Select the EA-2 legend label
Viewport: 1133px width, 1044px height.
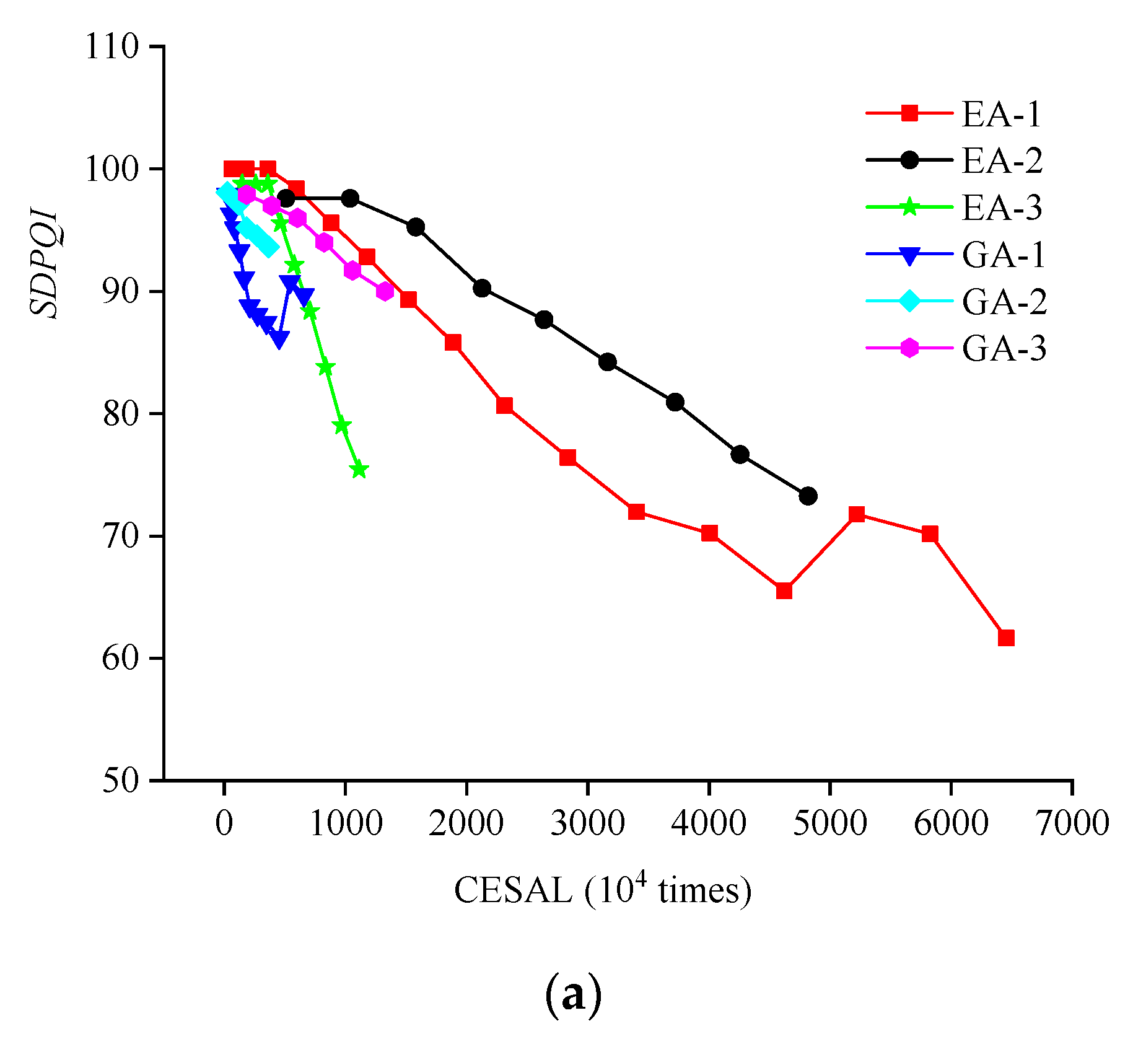pos(1002,161)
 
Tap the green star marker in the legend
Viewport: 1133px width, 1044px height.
pos(909,207)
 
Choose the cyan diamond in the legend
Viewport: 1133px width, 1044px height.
pos(909,301)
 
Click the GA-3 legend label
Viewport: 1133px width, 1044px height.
pos(1004,348)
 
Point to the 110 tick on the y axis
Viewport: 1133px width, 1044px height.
pos(112,46)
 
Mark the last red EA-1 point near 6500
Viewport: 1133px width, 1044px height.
pos(1006,638)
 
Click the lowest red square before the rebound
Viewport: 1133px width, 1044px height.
pos(784,590)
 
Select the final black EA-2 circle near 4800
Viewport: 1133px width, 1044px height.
pos(808,496)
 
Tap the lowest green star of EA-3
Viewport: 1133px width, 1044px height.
pos(359,470)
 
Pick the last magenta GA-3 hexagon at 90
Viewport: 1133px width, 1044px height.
pos(385,291)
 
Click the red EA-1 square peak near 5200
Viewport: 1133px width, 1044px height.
pos(857,514)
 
